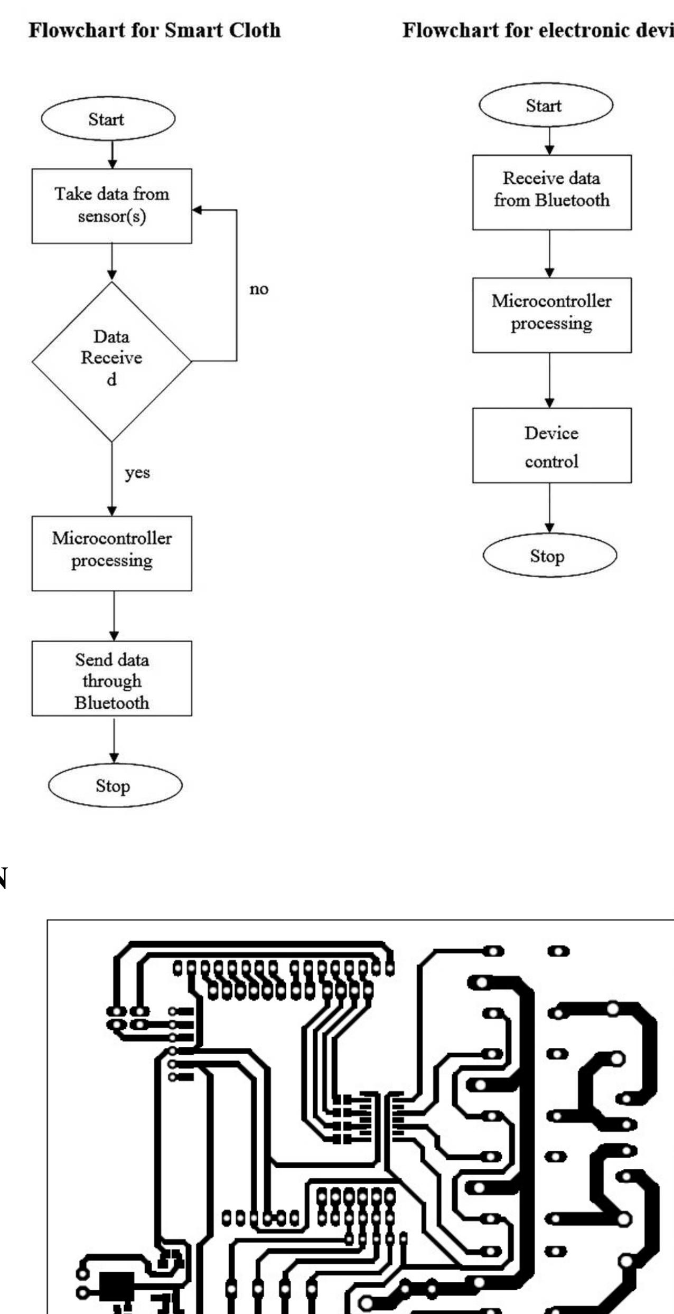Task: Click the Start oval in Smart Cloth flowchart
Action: [108, 119]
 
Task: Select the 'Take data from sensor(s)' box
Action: [111, 205]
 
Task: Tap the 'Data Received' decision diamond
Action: [111, 361]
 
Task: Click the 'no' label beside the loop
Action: [259, 289]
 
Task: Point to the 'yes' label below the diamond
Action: [137, 472]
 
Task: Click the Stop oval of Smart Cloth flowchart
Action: [115, 785]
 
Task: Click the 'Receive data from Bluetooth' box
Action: [551, 192]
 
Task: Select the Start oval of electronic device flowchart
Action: [545, 105]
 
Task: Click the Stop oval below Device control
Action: [549, 556]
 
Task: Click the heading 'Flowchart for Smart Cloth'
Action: [154, 30]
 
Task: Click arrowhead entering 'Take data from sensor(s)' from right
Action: [197, 210]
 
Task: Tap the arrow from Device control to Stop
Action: [549, 508]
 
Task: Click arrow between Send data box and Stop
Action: [114, 739]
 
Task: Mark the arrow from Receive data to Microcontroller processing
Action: [549, 254]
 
